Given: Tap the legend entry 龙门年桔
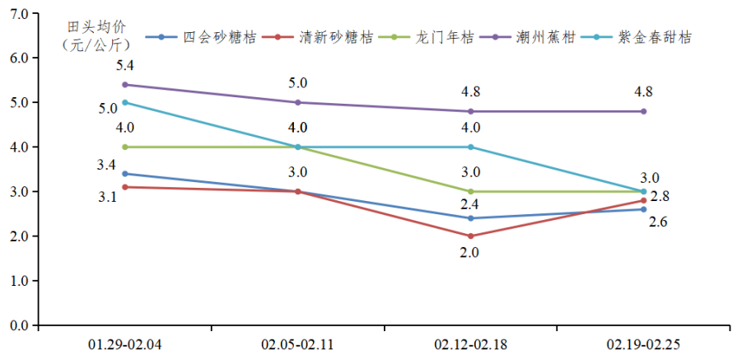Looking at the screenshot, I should coord(444,37).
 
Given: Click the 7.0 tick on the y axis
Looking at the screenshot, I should coord(18,14).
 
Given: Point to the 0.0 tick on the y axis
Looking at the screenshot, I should coord(18,325).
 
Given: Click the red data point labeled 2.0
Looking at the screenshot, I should coord(470,236).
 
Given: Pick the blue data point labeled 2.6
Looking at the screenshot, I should coord(642,209).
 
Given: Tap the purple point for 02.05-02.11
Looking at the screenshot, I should coord(298,103).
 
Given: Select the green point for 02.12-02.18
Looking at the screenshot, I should coord(470,192).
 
